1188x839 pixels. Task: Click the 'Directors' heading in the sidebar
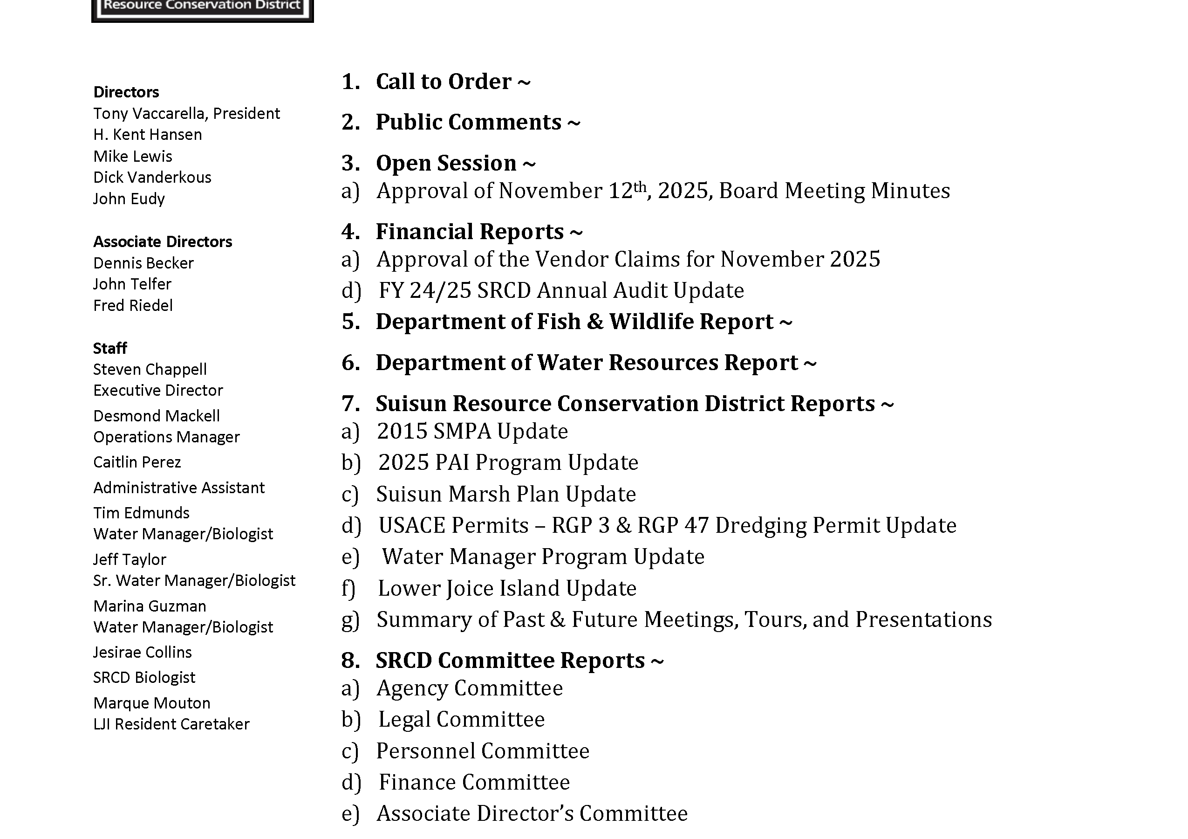pos(126,92)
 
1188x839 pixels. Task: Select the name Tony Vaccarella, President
pos(186,113)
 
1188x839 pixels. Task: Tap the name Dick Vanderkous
pos(152,178)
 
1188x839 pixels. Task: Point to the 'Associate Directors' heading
pos(163,242)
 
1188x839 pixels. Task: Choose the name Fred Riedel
pos(133,306)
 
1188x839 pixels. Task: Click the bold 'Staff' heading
pos(109,348)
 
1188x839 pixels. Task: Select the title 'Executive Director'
pos(158,390)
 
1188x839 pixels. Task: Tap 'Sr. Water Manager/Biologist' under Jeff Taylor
pos(194,581)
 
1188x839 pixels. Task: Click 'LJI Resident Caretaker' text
pos(171,724)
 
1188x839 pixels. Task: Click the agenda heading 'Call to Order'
pos(444,82)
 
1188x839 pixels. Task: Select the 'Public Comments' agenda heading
pos(468,122)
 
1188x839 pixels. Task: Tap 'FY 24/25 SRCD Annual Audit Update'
pos(561,291)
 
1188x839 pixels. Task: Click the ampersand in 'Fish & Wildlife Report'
pos(595,322)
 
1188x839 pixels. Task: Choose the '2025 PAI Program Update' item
pos(508,463)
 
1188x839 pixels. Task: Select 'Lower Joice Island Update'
pos(507,589)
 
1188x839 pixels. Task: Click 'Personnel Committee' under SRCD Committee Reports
pos(483,751)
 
